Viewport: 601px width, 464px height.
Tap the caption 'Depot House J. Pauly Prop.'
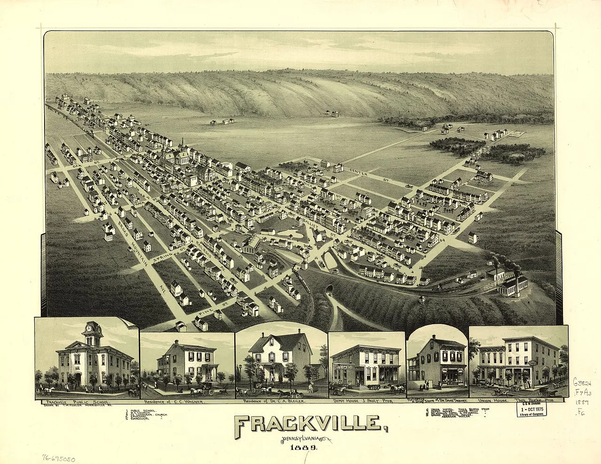(x=367, y=402)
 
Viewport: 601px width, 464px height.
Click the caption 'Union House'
(x=491, y=402)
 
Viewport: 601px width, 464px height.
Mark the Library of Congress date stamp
(x=532, y=410)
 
